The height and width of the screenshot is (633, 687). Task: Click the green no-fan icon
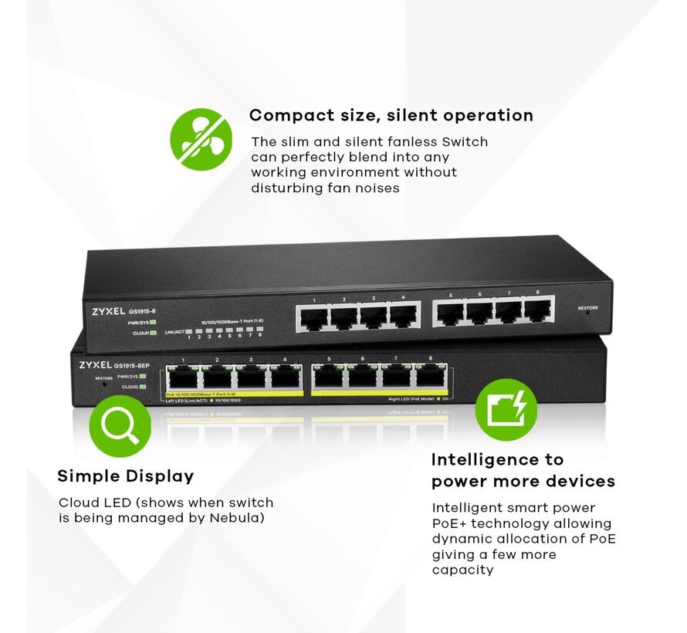(x=201, y=139)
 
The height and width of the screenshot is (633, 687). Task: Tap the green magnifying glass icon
(x=120, y=425)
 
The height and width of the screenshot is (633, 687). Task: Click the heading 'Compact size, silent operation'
(x=391, y=116)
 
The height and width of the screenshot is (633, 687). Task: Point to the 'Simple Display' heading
(x=125, y=476)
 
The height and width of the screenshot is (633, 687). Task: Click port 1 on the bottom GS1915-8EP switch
(x=182, y=377)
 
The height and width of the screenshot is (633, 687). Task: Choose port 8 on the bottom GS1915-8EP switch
(x=431, y=376)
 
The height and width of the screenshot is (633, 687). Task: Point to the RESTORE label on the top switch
(x=587, y=308)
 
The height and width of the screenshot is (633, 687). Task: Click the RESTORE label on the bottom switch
(x=103, y=378)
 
